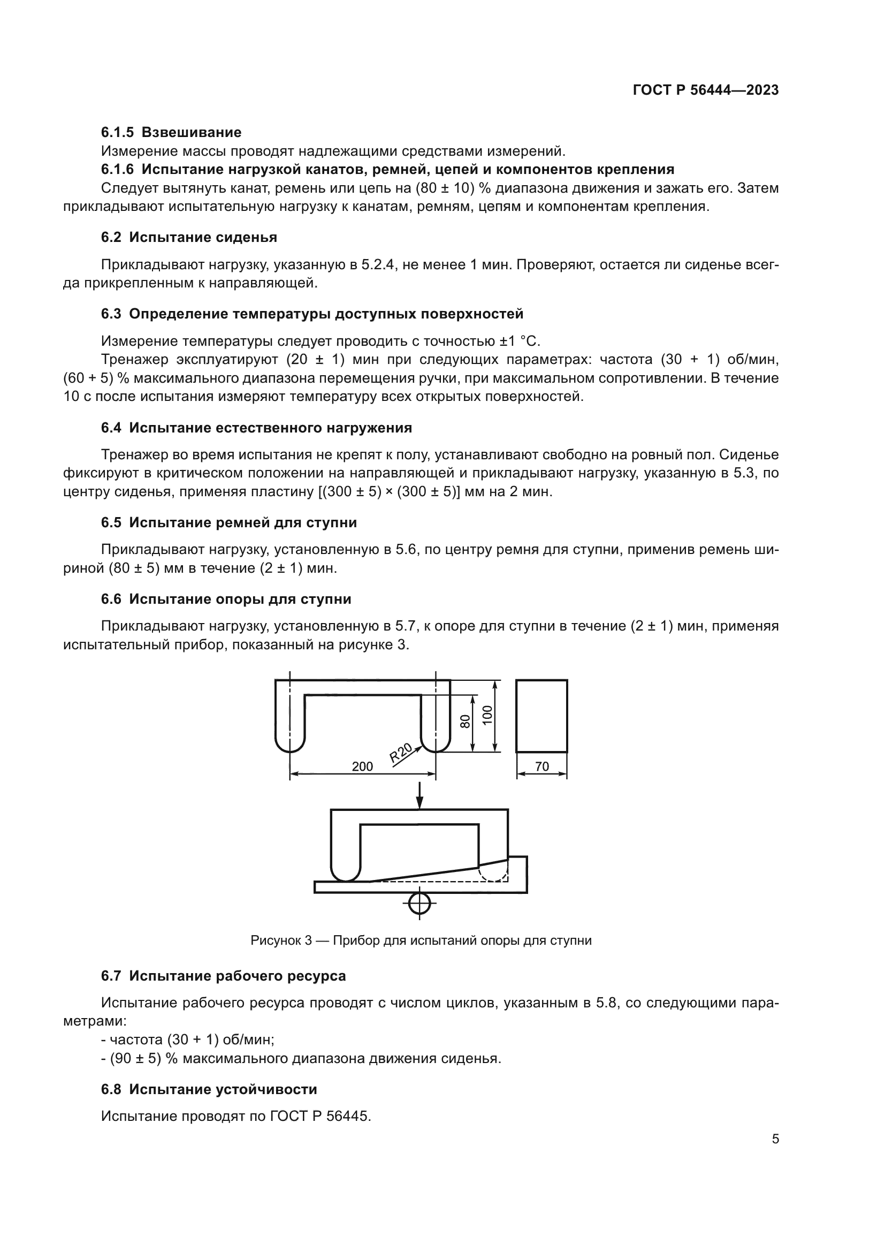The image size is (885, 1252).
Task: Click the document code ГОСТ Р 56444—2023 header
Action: coord(706,90)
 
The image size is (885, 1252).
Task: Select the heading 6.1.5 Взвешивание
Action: coord(171,133)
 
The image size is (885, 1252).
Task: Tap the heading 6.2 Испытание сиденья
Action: coord(188,237)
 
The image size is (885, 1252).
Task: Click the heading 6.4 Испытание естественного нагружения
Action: coord(256,428)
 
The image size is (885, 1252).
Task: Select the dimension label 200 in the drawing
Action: coord(362,767)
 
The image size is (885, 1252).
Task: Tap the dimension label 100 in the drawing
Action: coord(487,715)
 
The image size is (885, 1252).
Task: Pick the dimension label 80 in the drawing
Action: coord(465,722)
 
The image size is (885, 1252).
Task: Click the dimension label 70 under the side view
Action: coord(541,767)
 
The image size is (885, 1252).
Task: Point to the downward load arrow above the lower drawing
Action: coord(419,796)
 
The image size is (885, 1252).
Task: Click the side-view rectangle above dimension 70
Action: coord(541,716)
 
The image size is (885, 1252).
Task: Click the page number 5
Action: coord(775,1139)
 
